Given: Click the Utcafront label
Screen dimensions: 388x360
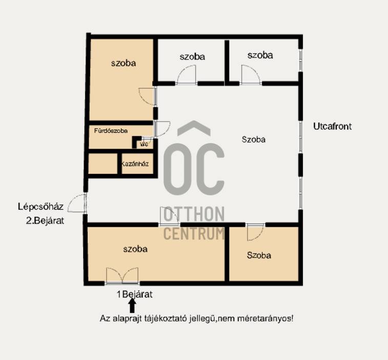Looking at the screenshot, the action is coord(332,126).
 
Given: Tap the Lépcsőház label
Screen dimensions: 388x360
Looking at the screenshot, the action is coord(40,207).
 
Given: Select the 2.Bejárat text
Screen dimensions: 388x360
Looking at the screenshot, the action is coord(45,221).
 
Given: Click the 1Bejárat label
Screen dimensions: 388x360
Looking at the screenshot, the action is coord(135,294).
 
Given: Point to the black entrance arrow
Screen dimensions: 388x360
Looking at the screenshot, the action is coord(132,306).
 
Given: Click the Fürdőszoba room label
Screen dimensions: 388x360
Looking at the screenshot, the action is coord(111,130).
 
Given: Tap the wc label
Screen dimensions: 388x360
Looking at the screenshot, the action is coord(144,144).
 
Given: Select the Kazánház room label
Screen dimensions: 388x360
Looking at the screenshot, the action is coord(135,164).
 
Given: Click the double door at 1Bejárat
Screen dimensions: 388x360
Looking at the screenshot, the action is coord(122,275).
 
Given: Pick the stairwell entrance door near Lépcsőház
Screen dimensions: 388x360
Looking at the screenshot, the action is coord(77,204).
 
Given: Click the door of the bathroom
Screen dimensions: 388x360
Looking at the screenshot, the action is coord(162,129).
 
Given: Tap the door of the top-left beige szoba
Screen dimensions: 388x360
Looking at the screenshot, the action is coord(148,96).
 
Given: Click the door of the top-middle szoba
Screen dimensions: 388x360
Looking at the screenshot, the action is coord(187,75).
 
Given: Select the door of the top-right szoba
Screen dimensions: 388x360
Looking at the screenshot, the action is coord(251,75).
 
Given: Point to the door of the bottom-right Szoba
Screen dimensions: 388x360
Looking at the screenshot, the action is coord(255,232).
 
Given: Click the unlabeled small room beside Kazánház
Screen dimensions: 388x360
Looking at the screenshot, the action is coord(103,164).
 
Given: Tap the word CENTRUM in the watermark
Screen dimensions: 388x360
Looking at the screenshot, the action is coord(194,233).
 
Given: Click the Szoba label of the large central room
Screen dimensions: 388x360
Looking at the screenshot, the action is coord(253,139).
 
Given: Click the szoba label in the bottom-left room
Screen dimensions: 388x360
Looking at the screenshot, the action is coord(135,249).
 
